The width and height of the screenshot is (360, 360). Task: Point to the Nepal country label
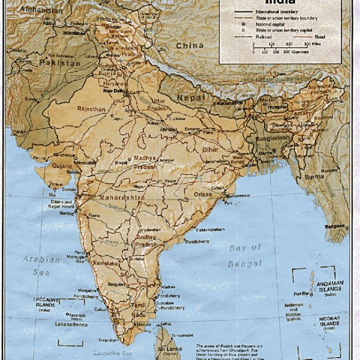point(190,97)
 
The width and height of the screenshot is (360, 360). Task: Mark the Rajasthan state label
point(91,109)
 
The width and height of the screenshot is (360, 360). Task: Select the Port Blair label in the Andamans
point(301,293)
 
